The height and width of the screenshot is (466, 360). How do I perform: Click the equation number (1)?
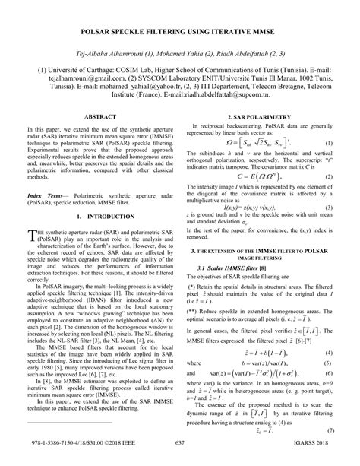(x=328, y=144)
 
